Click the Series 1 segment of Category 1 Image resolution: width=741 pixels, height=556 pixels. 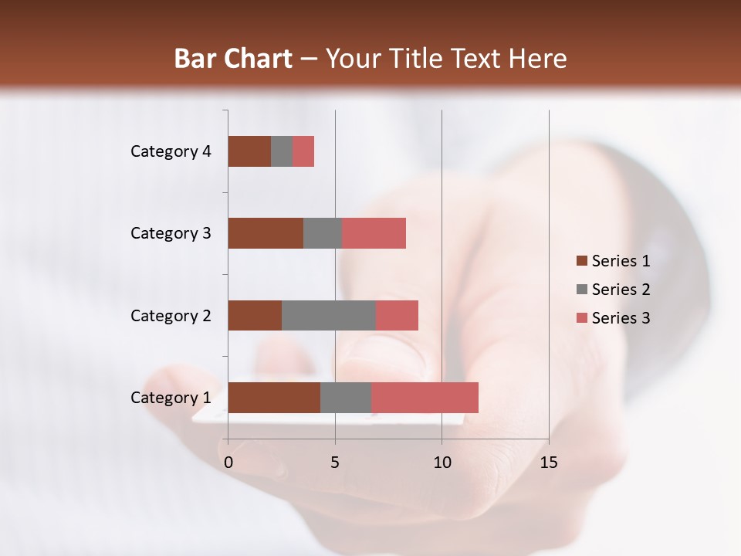(x=274, y=398)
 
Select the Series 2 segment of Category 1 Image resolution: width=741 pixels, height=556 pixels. (x=346, y=398)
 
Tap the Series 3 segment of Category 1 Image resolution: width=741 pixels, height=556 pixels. (x=425, y=398)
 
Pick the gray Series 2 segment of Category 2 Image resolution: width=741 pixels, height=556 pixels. (x=329, y=315)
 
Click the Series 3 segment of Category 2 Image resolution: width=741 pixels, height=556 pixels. (x=397, y=315)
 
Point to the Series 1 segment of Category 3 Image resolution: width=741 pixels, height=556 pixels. (x=266, y=233)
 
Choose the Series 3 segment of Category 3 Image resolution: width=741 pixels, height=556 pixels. (x=374, y=233)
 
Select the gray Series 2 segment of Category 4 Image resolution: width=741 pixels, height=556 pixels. (x=282, y=151)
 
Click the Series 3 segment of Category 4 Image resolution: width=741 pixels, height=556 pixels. (x=303, y=151)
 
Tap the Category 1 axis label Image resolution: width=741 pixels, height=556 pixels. (x=171, y=398)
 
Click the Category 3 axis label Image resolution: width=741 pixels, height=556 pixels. (x=171, y=233)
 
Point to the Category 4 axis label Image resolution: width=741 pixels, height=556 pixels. (x=171, y=151)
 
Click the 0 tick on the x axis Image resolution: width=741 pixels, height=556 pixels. (x=228, y=463)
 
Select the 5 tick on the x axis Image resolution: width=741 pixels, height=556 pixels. (x=335, y=463)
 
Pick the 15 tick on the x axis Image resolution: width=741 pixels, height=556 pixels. (x=549, y=463)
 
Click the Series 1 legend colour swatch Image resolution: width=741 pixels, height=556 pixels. (x=582, y=261)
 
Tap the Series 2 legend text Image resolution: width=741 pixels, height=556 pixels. (x=621, y=290)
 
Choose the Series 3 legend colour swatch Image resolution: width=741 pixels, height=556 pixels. (x=582, y=318)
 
